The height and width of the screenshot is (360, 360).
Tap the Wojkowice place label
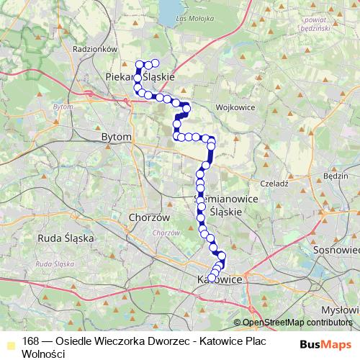click(x=233, y=108)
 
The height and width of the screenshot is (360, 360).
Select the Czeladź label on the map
click(x=275, y=184)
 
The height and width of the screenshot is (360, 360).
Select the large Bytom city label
click(x=117, y=136)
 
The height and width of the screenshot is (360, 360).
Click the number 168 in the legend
click(x=30, y=341)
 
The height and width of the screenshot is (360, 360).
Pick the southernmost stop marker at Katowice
click(x=212, y=279)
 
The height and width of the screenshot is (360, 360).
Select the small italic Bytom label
click(x=63, y=106)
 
